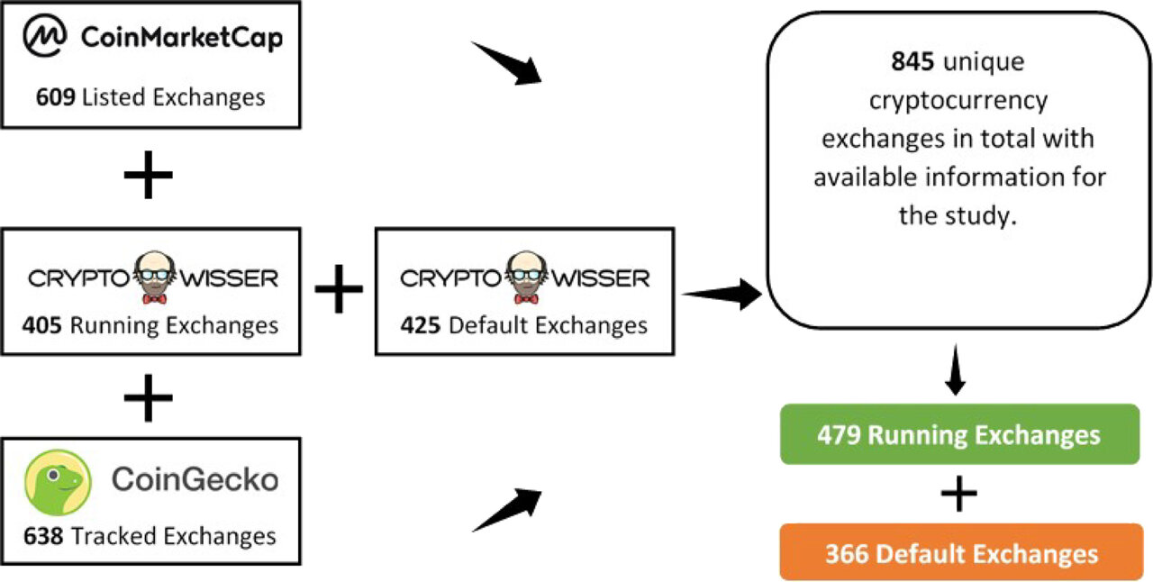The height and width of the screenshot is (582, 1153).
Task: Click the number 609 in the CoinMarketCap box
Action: point(56,97)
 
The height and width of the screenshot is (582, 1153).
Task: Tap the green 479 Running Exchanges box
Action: point(958,435)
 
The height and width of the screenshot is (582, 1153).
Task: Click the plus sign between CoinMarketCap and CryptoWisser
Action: point(149,175)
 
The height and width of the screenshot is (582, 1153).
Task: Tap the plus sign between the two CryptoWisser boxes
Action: point(339,290)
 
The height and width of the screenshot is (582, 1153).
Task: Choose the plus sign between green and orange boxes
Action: point(959,494)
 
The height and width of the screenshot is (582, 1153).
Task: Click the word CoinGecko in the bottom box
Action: point(195,480)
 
